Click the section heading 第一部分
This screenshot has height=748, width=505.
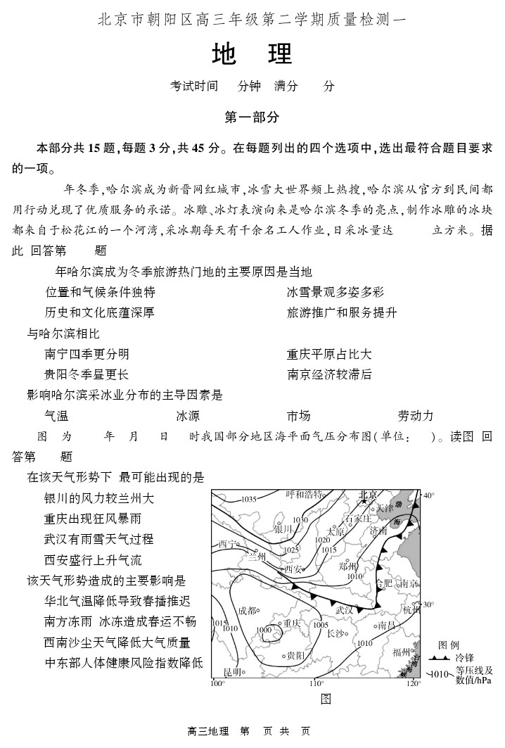[x=252, y=118]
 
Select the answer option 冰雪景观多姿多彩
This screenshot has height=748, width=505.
[x=335, y=292]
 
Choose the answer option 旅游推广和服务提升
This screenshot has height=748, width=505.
[x=342, y=312]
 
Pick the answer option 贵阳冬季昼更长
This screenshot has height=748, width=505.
[x=87, y=374]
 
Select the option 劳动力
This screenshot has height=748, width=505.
[x=416, y=416]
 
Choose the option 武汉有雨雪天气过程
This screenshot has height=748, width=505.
[x=98, y=540]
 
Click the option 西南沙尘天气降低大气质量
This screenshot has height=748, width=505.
[x=117, y=642]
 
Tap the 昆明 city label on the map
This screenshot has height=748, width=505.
[x=232, y=672]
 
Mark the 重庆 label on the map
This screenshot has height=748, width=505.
[x=292, y=623]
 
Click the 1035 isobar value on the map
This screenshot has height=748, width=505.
[x=249, y=499]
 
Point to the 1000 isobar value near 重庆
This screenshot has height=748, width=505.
[x=264, y=630]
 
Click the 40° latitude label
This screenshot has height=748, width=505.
[x=428, y=495]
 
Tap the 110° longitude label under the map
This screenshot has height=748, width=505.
[x=317, y=683]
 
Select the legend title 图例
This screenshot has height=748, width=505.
[x=449, y=645]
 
